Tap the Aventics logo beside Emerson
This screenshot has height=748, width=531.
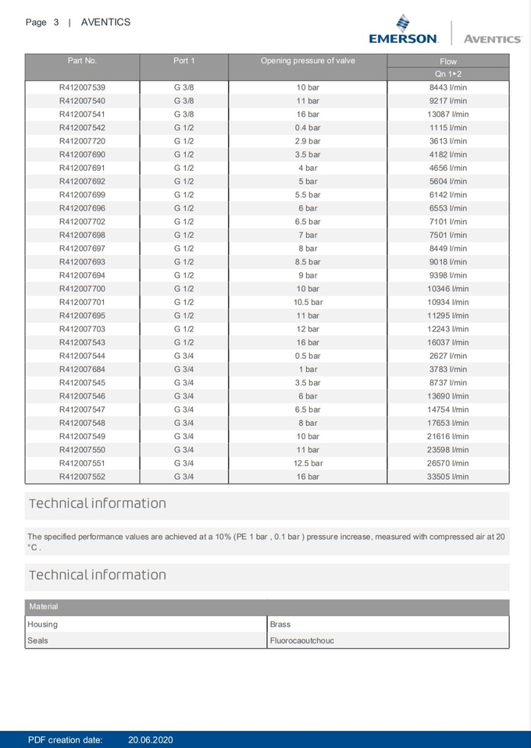coord(492,38)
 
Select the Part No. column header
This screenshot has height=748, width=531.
coord(82,61)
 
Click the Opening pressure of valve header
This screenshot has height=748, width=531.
coord(308,61)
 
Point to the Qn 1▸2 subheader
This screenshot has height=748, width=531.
coord(448,73)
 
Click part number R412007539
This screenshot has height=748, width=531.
coord(82,87)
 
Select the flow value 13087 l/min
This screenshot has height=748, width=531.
coord(448,114)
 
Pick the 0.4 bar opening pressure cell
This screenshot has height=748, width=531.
coord(308,127)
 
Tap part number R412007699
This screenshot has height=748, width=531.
coord(82,194)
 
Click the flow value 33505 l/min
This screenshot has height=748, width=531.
coord(448,476)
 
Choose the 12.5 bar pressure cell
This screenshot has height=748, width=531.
coord(308,463)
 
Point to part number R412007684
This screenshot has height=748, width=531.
coord(82,369)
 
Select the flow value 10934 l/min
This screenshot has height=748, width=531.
coord(448,302)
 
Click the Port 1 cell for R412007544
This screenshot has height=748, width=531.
coord(184,356)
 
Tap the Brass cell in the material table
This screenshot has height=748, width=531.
coord(280,624)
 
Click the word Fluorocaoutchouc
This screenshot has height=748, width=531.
coord(302,640)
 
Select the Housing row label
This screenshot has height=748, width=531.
coord(42,624)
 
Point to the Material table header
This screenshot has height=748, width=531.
coord(44,606)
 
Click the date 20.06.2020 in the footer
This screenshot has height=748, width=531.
coord(151,739)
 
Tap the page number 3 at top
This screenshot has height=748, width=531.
coord(56,22)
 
